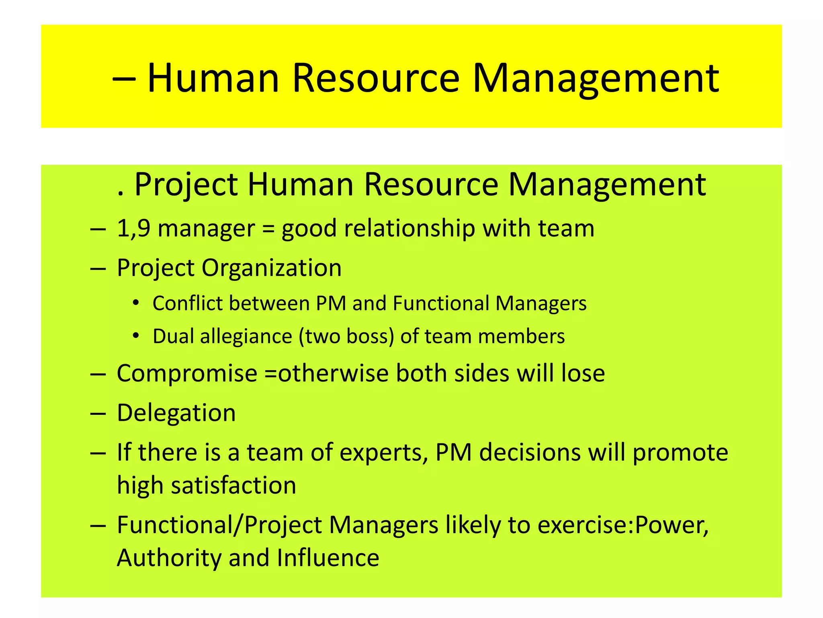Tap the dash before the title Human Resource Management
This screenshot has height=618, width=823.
coord(124,79)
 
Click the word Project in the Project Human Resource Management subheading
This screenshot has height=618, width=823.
coord(186,185)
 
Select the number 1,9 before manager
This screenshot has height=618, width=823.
coord(133,229)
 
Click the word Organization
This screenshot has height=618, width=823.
coord(271,268)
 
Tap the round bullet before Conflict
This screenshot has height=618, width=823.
coord(136,302)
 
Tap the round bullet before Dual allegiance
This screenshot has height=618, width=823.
coord(136,335)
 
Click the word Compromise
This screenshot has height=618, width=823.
coord(187,373)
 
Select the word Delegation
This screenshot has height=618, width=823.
coord(176,413)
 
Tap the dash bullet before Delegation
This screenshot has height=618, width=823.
coord(98,414)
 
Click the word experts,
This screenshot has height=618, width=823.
coord(384,453)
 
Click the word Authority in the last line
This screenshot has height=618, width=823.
coord(169,558)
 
